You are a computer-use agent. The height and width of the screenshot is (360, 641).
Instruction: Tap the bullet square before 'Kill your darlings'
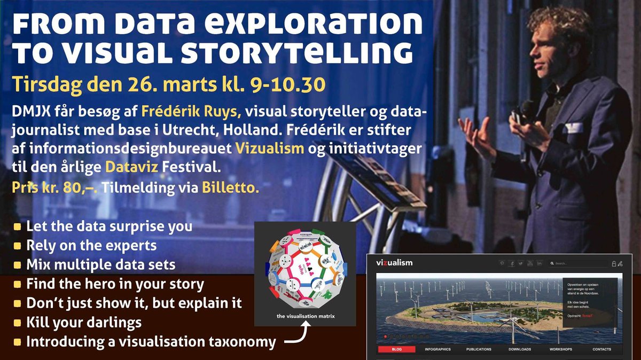tap(17, 323)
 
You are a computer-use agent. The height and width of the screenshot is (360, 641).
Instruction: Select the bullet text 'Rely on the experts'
tap(91, 245)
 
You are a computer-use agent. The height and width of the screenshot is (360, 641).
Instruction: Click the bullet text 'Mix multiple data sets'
tap(100, 264)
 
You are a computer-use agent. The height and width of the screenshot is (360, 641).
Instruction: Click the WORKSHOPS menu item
tap(561, 349)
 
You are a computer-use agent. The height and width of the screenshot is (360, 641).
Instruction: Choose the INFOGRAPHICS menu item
tap(437, 349)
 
